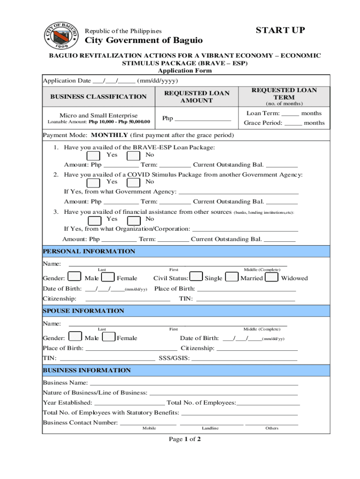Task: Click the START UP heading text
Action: (280, 30)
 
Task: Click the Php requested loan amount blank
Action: (202, 119)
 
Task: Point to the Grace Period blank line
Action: (293, 124)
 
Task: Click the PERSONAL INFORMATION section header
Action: (89, 252)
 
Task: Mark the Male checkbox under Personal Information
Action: (75, 277)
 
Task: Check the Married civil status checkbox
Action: (232, 277)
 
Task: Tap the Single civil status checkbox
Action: (197, 277)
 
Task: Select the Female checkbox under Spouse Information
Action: (108, 337)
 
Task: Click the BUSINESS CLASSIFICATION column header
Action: (99, 97)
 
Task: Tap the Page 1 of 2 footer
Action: (185, 439)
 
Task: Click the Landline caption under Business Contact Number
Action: (210, 428)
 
